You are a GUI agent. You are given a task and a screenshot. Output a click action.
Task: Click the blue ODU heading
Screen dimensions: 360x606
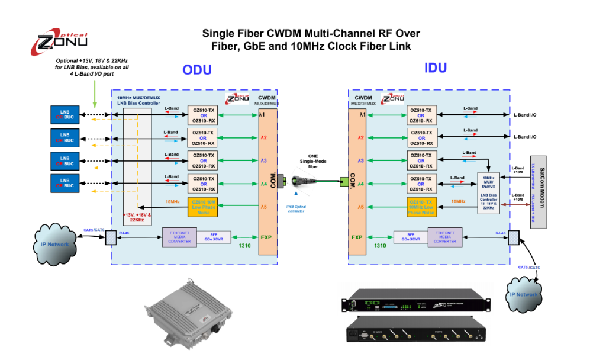tap(196, 70)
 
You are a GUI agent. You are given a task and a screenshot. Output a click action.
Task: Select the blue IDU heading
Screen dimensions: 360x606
tap(436, 67)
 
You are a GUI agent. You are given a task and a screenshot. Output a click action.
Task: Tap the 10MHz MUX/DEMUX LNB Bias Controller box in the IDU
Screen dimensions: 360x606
tap(489, 192)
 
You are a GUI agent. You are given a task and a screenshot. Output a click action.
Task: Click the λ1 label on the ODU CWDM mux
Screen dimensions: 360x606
tap(262, 114)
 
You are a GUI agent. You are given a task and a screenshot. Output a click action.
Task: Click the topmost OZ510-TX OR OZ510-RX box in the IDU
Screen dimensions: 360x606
tap(423, 114)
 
